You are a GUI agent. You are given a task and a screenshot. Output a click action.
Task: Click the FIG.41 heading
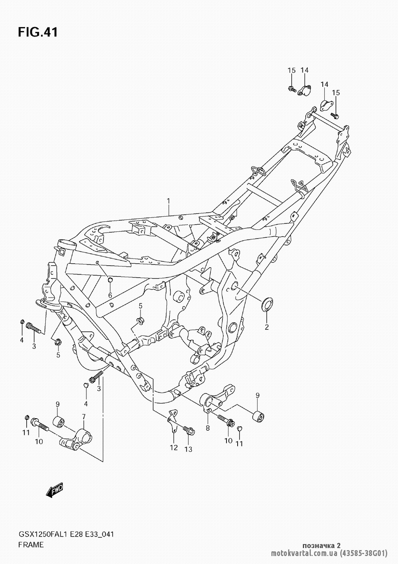(38, 32)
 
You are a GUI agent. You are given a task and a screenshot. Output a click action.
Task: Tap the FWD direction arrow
(55, 490)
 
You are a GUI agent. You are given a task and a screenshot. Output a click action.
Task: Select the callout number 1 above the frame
(168, 202)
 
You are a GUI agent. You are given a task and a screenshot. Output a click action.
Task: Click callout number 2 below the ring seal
(267, 327)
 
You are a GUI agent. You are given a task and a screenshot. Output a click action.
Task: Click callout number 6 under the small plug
(110, 296)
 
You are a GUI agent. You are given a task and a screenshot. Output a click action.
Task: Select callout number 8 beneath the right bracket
(207, 428)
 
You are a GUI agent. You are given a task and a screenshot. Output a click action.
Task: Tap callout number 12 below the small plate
(174, 447)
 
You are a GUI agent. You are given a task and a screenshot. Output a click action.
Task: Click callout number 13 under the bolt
(188, 449)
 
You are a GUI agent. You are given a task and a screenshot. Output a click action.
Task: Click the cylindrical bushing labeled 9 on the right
(258, 416)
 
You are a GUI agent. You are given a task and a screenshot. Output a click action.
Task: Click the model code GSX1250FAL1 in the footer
(42, 533)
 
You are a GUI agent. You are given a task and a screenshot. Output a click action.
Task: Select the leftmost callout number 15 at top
(292, 70)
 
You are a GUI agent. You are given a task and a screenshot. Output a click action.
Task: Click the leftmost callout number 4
(21, 340)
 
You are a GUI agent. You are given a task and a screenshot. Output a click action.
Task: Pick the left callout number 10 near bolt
(39, 441)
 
